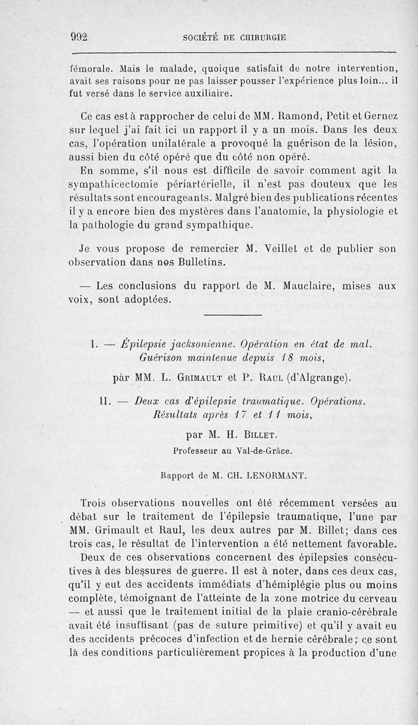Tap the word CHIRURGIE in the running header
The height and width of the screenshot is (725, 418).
point(257,38)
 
